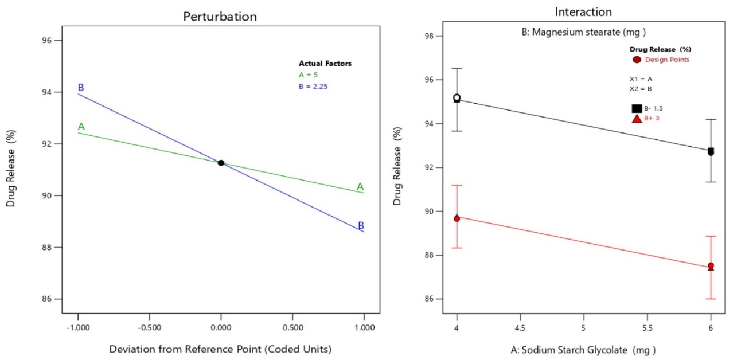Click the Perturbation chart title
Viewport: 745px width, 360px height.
click(x=220, y=17)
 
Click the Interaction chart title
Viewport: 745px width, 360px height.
click(x=583, y=12)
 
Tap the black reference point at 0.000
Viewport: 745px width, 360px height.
click(x=221, y=163)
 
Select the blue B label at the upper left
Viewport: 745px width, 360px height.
click(x=81, y=88)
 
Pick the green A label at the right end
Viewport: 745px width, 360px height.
click(x=360, y=186)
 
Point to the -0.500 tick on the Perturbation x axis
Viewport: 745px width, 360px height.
click(x=149, y=328)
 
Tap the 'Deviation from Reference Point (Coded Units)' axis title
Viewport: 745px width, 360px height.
click(x=221, y=349)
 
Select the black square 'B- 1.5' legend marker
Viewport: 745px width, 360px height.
click(x=637, y=108)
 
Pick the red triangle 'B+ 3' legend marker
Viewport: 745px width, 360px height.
click(x=637, y=119)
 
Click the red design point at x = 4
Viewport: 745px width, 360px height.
click(x=457, y=218)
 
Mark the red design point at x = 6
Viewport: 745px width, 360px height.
click(x=711, y=266)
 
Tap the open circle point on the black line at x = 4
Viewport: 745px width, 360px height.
click(x=457, y=97)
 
